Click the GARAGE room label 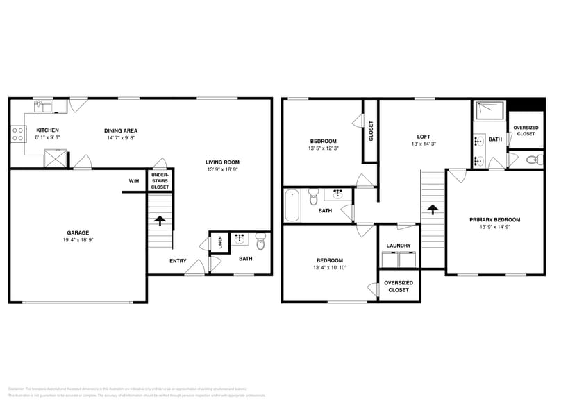pos(78,232)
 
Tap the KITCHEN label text pos(47,130)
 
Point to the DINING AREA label pos(121,130)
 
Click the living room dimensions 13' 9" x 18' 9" pos(222,169)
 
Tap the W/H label pos(133,181)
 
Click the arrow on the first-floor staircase pos(160,221)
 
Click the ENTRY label pos(178,261)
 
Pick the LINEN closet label pos(219,243)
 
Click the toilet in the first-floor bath pos(260,241)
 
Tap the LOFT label pos(424,136)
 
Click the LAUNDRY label pos(399,245)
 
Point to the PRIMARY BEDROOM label pos(494,219)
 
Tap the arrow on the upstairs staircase pos(432,208)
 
